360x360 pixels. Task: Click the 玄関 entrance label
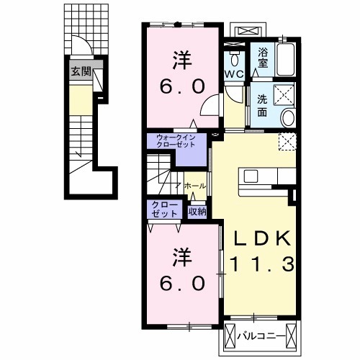click(81, 71)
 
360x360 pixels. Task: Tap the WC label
click(234, 74)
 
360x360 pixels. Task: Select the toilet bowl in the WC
click(234, 59)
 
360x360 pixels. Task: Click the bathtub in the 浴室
click(285, 59)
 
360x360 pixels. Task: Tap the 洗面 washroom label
click(262, 106)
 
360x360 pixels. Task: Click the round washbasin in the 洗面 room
click(288, 118)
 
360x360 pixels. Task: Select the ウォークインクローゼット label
click(176, 141)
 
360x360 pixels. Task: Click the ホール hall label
click(195, 186)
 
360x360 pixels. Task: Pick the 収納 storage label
click(197, 212)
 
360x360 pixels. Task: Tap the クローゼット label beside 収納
click(165, 210)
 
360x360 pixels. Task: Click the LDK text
click(262, 238)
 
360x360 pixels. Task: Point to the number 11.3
click(262, 264)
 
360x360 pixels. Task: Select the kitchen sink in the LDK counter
click(251, 176)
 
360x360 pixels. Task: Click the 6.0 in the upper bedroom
click(182, 86)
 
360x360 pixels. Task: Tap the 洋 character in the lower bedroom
click(182, 257)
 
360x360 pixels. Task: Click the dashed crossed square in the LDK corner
click(287, 142)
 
